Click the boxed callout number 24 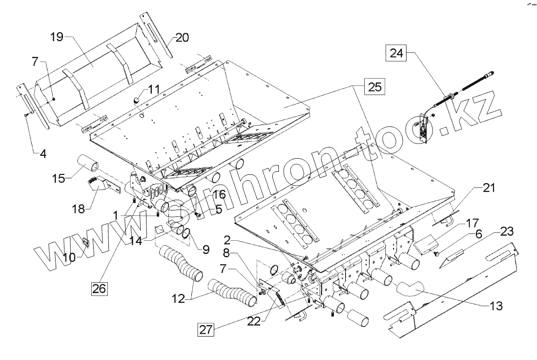pyautogui.click(x=396, y=53)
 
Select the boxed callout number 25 pyautogui.click(x=373, y=87)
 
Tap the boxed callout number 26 pyautogui.click(x=100, y=288)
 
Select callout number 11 pyautogui.click(x=154, y=89)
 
